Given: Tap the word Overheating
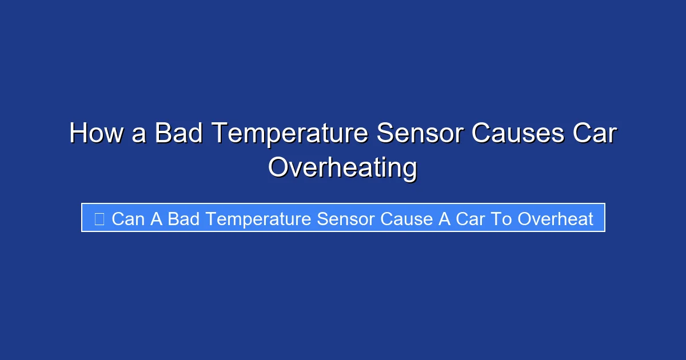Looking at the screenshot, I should pos(343,169).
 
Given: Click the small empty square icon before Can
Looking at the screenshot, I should pos(99,218).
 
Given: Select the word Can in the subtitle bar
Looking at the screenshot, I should pos(129,218).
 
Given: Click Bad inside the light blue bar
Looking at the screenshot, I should pos(184,218).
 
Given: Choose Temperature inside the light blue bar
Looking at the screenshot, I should pos(258,218).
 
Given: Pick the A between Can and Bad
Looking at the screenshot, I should pos(157,218).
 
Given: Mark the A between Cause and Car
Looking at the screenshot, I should pos(445,218).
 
